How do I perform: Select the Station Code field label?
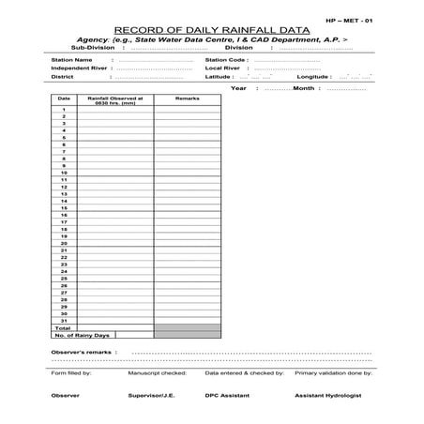pyautogui.click(x=226, y=59)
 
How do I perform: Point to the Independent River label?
pyautogui.click(x=79, y=68)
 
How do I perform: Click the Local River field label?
pyautogui.click(x=221, y=68)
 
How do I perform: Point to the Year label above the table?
pyautogui.click(x=238, y=87)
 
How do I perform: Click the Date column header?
pyautogui.click(x=64, y=98)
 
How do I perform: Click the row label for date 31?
pyautogui.click(x=64, y=321)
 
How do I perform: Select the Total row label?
pyautogui.click(x=64, y=328)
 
